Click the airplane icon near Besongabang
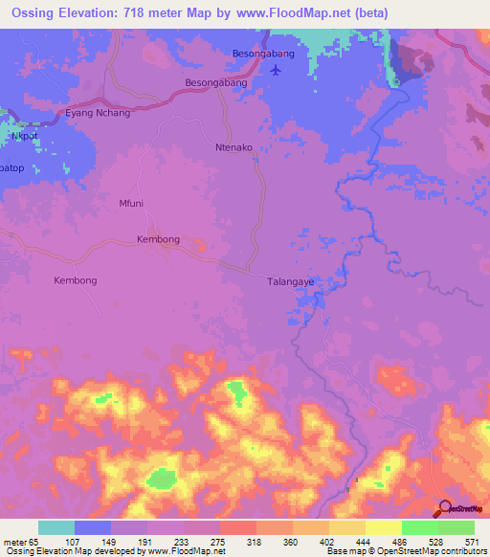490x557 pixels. (278, 70)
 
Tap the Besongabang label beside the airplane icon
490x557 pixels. (264, 54)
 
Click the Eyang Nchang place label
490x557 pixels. (97, 113)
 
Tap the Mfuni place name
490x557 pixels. (130, 203)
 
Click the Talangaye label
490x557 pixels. (289, 282)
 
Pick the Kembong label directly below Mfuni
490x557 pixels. (158, 238)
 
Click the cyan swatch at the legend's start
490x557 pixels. (56, 527)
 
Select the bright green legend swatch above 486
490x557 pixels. (420, 527)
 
